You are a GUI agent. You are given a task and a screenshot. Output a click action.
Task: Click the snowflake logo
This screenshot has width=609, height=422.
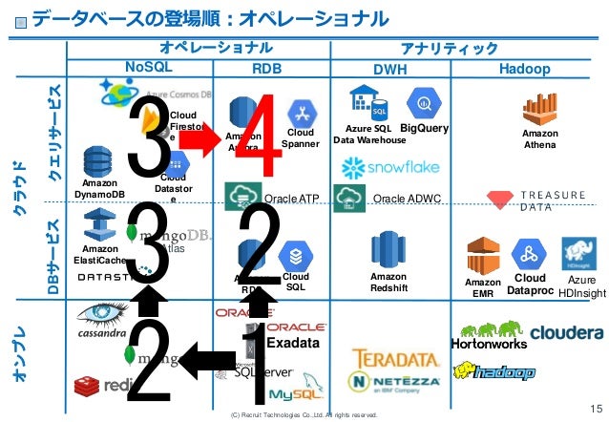(390, 168)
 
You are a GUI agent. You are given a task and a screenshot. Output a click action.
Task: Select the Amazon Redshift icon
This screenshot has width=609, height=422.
(388, 250)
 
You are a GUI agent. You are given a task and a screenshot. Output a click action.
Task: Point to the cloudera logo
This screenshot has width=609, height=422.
(566, 333)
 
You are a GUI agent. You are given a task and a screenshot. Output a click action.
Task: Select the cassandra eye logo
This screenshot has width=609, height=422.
(102, 313)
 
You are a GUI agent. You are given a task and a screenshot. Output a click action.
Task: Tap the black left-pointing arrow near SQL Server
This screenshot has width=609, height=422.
(205, 361)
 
